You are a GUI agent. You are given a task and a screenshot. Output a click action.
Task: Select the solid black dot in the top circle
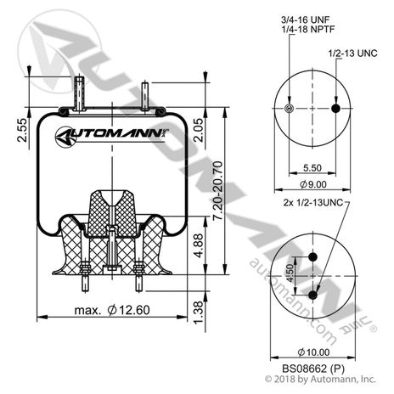click(x=338, y=110)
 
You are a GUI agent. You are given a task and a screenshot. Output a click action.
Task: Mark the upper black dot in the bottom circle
click(x=313, y=258)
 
